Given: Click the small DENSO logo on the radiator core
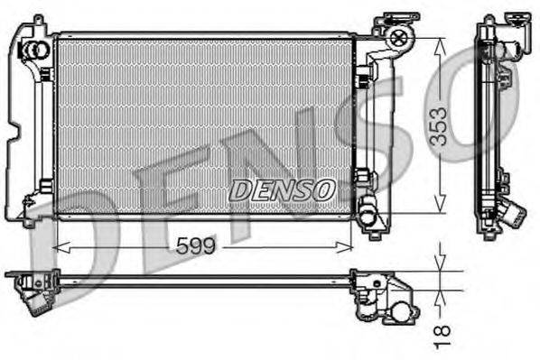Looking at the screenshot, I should click(282, 189).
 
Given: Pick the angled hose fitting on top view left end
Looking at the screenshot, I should click(36, 300).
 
